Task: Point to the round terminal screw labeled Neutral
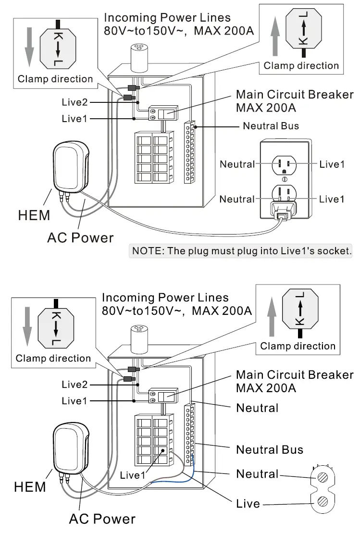click(321, 479)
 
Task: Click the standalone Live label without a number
click(248, 504)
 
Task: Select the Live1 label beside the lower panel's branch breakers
click(133, 475)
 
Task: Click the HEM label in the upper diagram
click(34, 215)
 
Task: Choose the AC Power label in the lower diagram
click(102, 519)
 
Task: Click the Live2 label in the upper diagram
click(75, 102)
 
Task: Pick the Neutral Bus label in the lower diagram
click(270, 450)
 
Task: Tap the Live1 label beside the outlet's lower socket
click(332, 199)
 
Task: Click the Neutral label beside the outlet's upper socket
click(237, 164)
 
